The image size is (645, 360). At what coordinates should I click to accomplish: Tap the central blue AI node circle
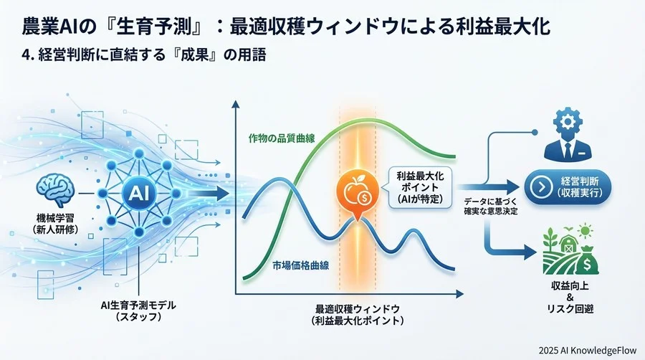135,191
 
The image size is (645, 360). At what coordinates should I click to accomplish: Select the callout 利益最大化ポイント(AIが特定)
416,186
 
